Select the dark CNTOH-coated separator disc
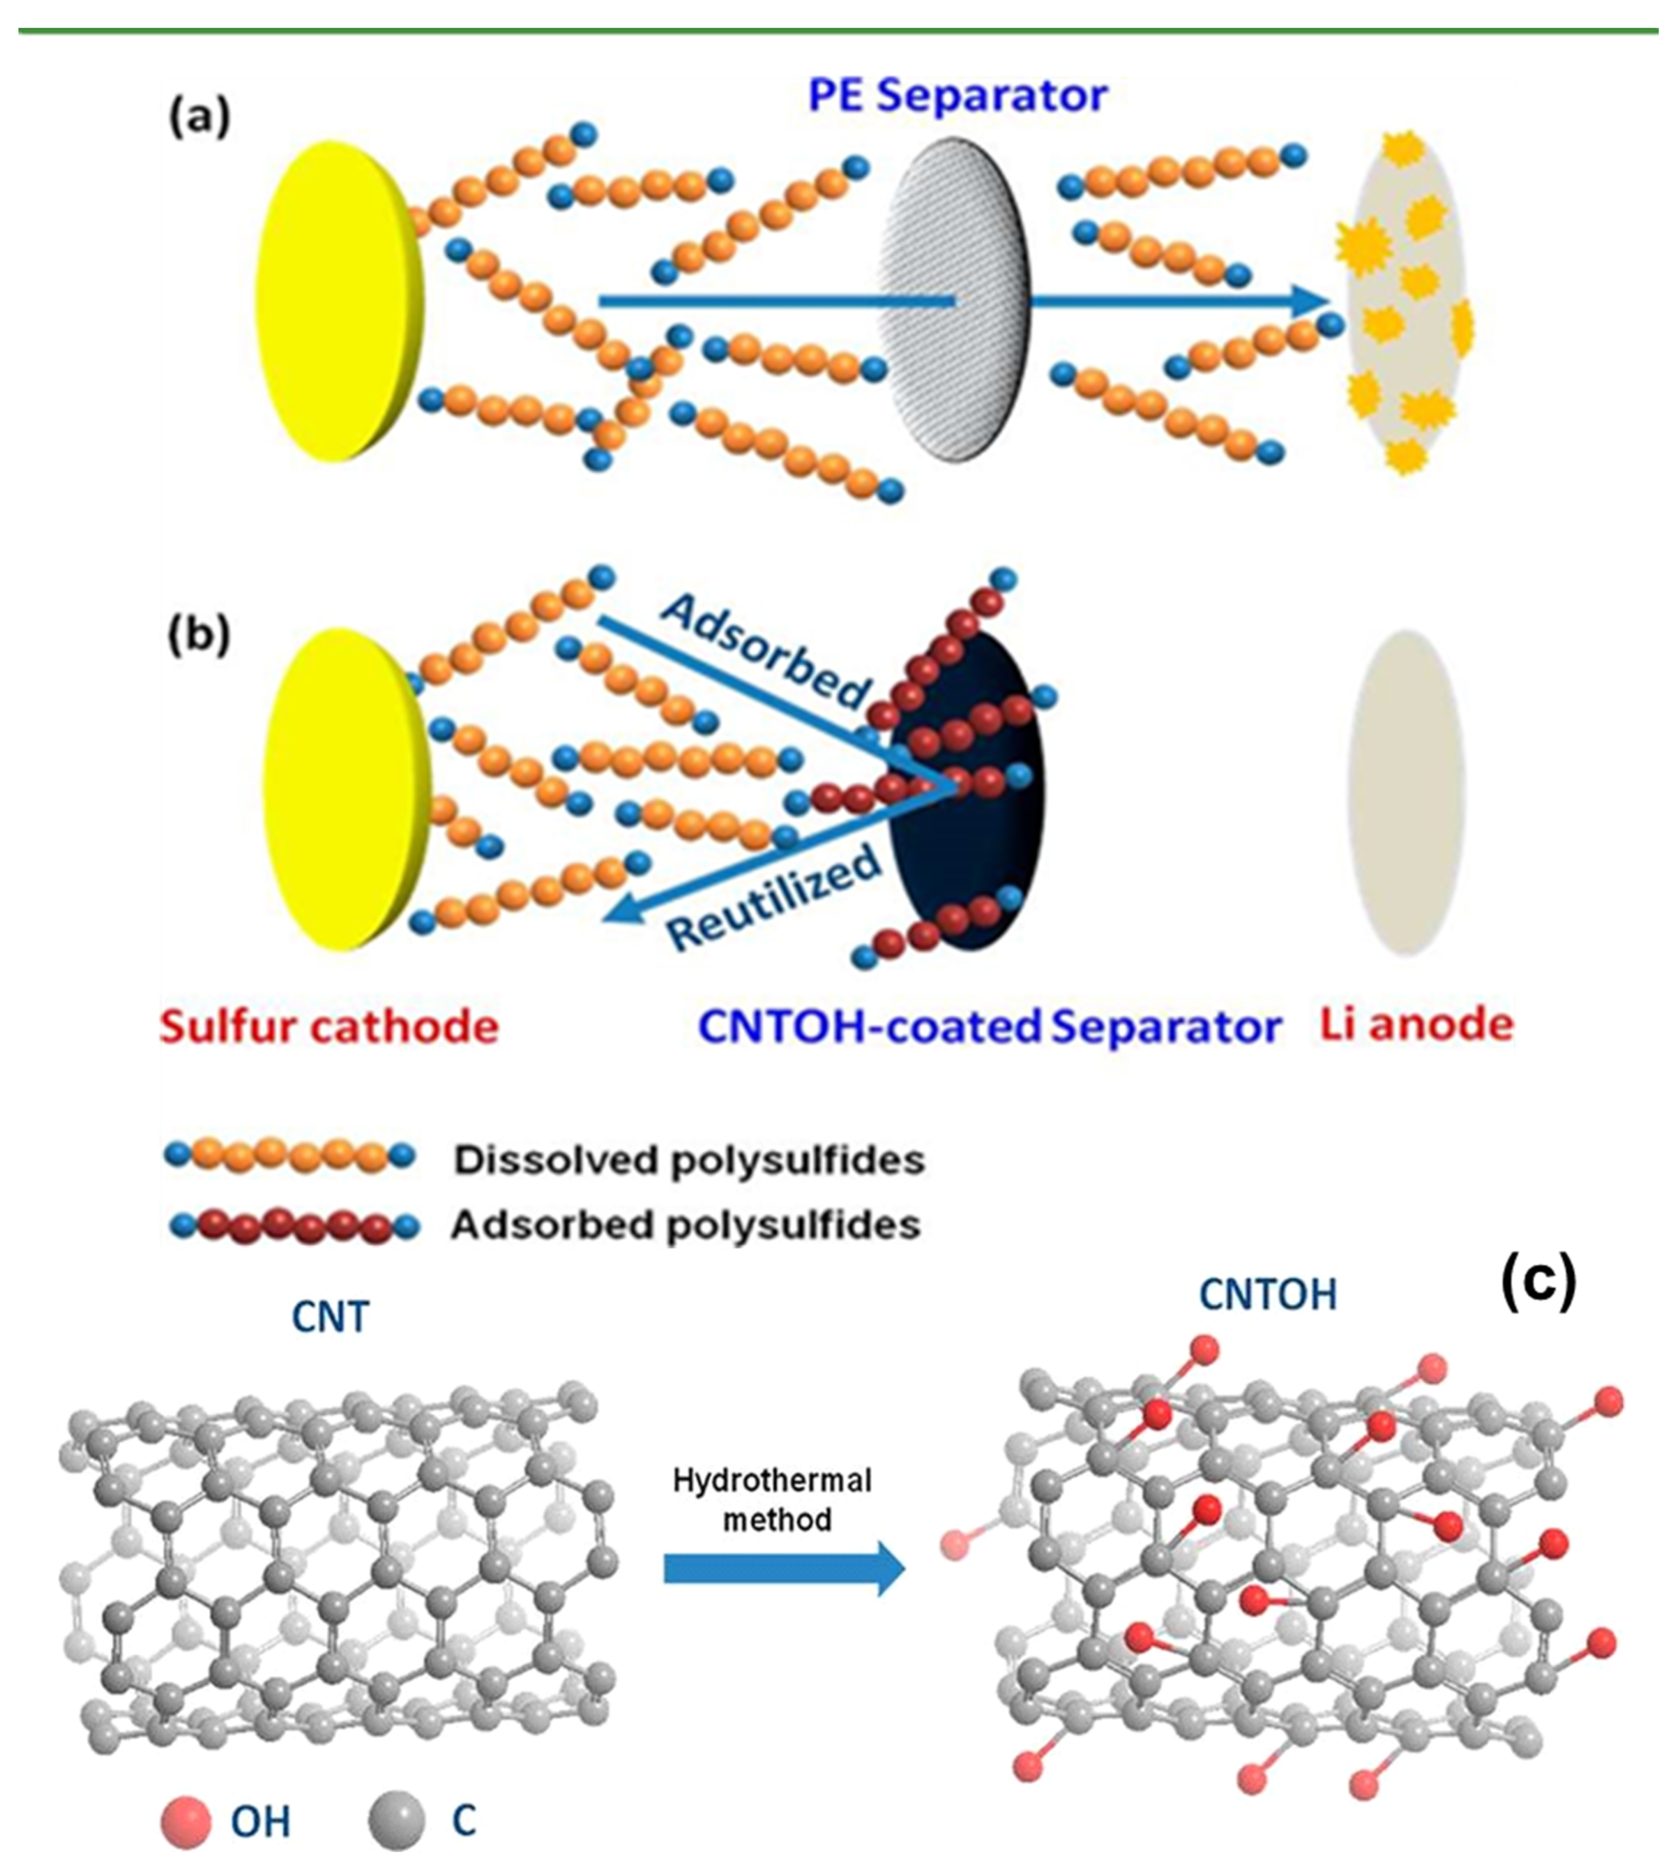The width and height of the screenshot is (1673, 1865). coord(974,828)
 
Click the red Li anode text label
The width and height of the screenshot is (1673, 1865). coord(1416,1024)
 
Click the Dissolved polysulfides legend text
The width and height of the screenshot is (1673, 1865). coord(689,1160)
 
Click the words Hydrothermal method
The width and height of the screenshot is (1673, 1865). coord(772,1499)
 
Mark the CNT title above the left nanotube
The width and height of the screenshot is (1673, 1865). coord(330,1317)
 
